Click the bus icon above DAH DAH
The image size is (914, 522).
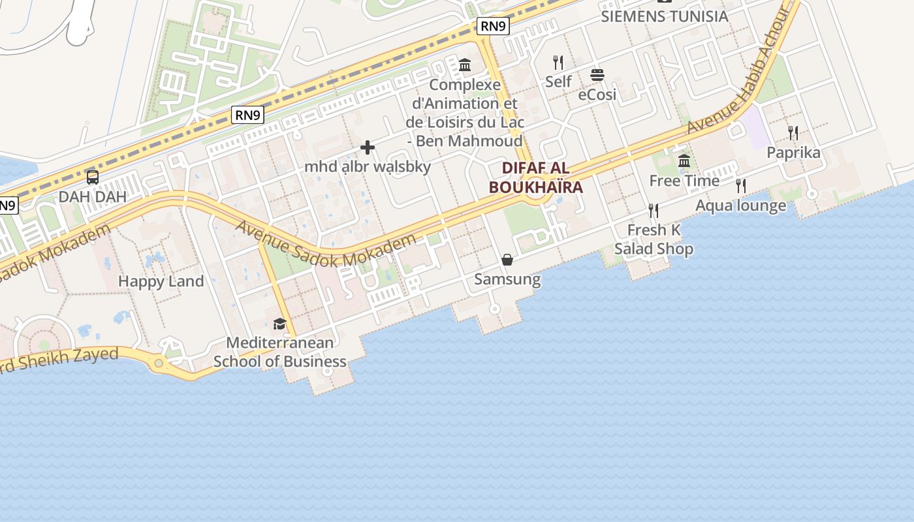click(x=93, y=177)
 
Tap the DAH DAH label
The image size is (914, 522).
click(x=93, y=196)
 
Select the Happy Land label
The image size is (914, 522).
click(x=161, y=281)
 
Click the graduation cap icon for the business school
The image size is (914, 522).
click(x=279, y=324)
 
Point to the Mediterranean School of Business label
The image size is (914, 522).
click(x=279, y=352)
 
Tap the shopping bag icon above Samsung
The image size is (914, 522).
click(x=507, y=260)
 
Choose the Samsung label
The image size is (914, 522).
click(x=507, y=279)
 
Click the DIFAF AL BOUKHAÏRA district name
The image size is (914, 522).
click(x=535, y=177)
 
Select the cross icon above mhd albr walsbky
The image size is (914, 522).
click(x=368, y=147)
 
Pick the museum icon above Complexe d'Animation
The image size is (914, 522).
click(x=465, y=65)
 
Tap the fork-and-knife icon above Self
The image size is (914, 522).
click(x=558, y=63)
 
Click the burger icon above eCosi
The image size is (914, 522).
click(x=597, y=75)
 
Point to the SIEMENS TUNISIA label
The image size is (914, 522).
click(x=664, y=16)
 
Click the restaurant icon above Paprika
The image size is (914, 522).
click(x=793, y=133)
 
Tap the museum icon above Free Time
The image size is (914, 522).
click(x=684, y=161)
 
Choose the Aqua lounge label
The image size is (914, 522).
click(x=740, y=206)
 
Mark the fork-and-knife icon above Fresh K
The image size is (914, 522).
click(x=654, y=211)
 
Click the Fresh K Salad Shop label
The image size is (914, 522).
click(x=654, y=239)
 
